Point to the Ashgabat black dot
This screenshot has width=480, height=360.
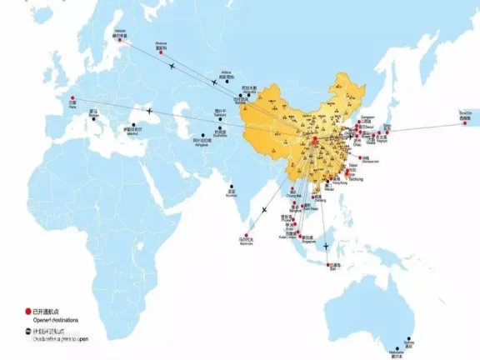[x=203, y=135]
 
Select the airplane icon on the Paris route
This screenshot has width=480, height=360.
[x=150, y=110]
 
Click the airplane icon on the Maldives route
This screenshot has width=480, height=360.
[x=264, y=209]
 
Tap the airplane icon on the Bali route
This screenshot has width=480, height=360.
[x=325, y=245]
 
